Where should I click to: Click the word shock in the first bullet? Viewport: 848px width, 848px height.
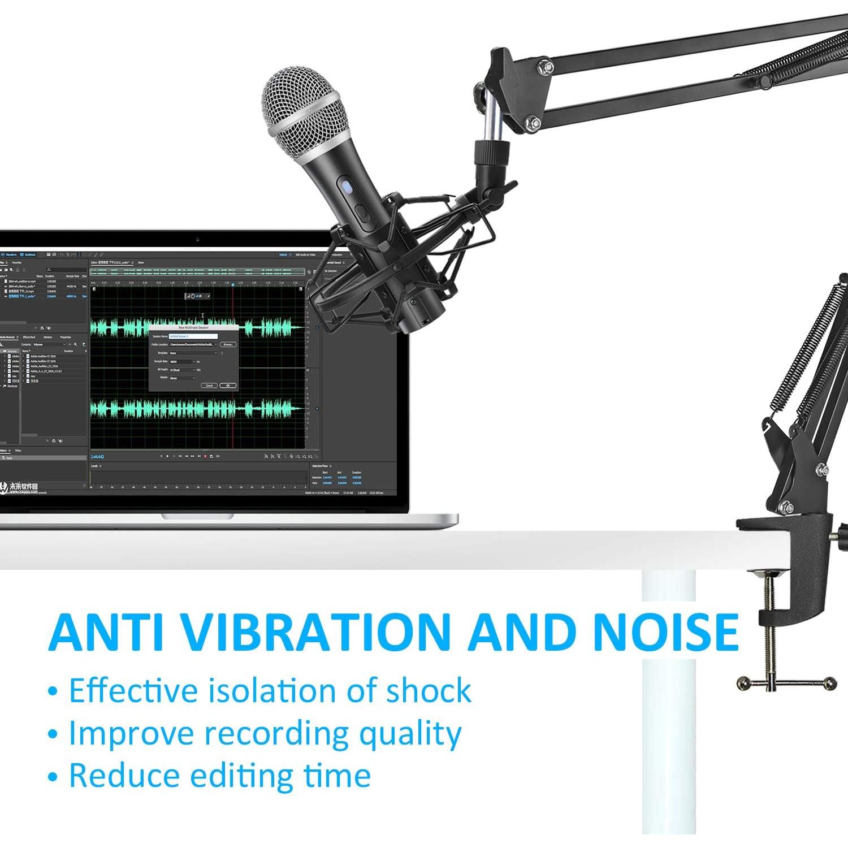click(428, 690)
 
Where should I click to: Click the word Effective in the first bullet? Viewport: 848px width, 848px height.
click(132, 690)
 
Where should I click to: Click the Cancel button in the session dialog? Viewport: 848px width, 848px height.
click(209, 385)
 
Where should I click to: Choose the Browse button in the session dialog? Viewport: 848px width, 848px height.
click(228, 344)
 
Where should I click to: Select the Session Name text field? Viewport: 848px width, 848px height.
click(193, 336)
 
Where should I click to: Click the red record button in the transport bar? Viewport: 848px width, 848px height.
click(205, 456)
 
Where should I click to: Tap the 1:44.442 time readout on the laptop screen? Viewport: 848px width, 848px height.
click(97, 457)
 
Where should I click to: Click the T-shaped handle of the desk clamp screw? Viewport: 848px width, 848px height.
click(786, 683)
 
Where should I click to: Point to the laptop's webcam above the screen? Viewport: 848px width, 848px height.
click(197, 239)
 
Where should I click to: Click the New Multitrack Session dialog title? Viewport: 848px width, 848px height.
click(193, 327)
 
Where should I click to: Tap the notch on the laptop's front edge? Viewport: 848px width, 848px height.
click(197, 516)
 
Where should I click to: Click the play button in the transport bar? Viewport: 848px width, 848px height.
click(167, 456)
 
